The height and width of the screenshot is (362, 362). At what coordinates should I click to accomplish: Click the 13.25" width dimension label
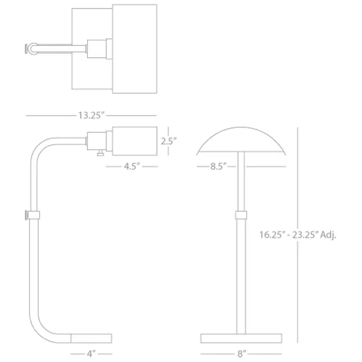click(92, 115)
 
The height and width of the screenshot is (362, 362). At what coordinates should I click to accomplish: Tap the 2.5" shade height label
click(169, 141)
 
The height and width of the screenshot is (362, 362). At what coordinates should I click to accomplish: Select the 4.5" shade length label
click(132, 166)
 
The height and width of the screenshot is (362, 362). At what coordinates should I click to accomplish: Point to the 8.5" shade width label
click(218, 166)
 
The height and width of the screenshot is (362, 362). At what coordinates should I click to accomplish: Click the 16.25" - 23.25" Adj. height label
click(298, 235)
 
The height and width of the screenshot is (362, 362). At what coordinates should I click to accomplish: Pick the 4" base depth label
click(91, 354)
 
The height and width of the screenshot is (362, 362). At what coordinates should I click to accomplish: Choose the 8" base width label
click(242, 354)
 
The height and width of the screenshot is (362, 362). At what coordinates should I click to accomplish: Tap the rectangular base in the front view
click(241, 338)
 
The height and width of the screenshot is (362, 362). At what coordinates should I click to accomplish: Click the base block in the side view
click(91, 338)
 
